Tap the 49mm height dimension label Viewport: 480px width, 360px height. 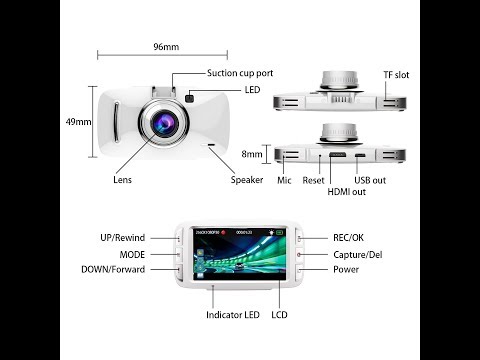[78, 122]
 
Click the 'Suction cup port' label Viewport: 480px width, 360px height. [240, 73]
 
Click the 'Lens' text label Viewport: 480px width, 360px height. [123, 181]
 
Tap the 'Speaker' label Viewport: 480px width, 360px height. [247, 180]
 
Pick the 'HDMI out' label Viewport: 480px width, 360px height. [347, 191]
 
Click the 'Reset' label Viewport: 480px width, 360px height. [314, 181]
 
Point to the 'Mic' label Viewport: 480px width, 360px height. [284, 181]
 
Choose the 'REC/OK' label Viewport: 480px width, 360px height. [347, 238]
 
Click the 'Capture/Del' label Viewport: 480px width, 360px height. [358, 254]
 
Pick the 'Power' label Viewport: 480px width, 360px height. [346, 270]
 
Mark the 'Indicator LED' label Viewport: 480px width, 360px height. [232, 315]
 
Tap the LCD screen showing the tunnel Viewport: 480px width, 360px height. [238, 250]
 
